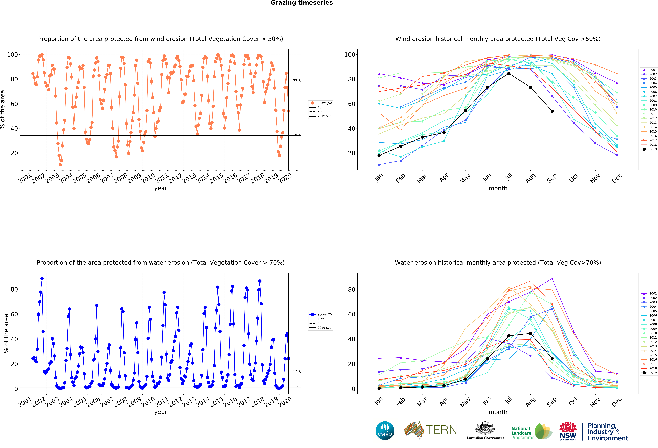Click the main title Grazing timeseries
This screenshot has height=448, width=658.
pyautogui.click(x=302, y=3)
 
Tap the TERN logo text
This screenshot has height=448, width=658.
pyautogui.click(x=441, y=430)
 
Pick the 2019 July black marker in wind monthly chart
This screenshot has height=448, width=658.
pyautogui.click(x=509, y=74)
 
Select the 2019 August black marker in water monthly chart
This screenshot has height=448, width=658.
pyautogui.click(x=530, y=333)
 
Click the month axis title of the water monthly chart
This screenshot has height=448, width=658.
pyautogui.click(x=498, y=412)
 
